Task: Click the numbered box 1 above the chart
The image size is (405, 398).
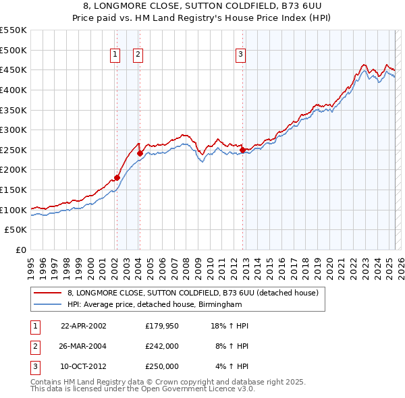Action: [x=115, y=55]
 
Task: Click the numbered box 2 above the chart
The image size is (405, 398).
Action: [x=138, y=55]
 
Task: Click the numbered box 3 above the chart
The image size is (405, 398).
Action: [x=240, y=55]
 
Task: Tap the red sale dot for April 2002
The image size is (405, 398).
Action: [x=117, y=177]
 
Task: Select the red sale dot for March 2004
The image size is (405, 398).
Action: [x=140, y=153]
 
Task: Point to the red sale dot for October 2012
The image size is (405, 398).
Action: [x=242, y=150]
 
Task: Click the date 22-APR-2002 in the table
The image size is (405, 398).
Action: [x=84, y=326]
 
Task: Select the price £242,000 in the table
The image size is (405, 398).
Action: [x=162, y=346]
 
